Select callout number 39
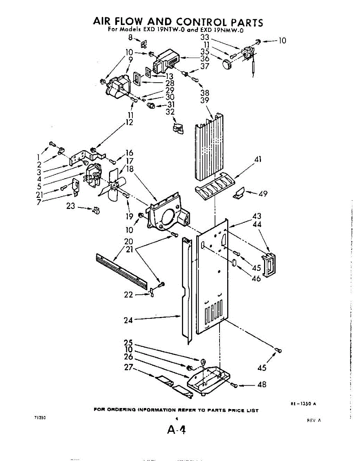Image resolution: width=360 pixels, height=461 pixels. [x=205, y=101]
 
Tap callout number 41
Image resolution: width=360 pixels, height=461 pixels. [x=258, y=159]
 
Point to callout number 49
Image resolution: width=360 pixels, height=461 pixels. [x=263, y=194]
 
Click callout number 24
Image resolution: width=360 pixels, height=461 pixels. [x=128, y=320]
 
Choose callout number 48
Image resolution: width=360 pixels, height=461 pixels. [x=262, y=385]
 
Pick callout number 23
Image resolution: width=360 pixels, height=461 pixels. [x=71, y=206]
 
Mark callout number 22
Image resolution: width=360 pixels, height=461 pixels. [x=129, y=295]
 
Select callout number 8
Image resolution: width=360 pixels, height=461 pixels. [x=130, y=38]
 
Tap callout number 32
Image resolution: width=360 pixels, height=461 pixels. [x=170, y=112]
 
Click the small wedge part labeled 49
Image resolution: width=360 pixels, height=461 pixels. [x=239, y=193]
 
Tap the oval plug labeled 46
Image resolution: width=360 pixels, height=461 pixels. [x=233, y=263]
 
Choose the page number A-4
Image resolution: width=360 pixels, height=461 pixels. [x=177, y=430]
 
